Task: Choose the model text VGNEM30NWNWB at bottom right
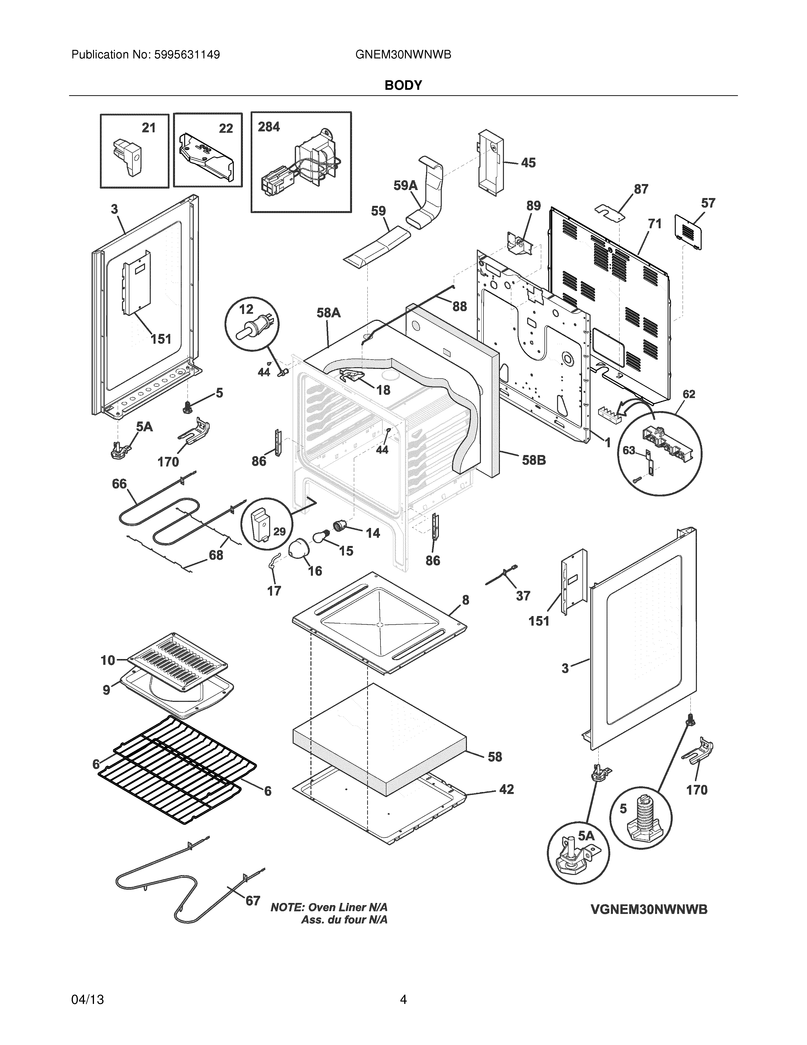649,909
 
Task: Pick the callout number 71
654,223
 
